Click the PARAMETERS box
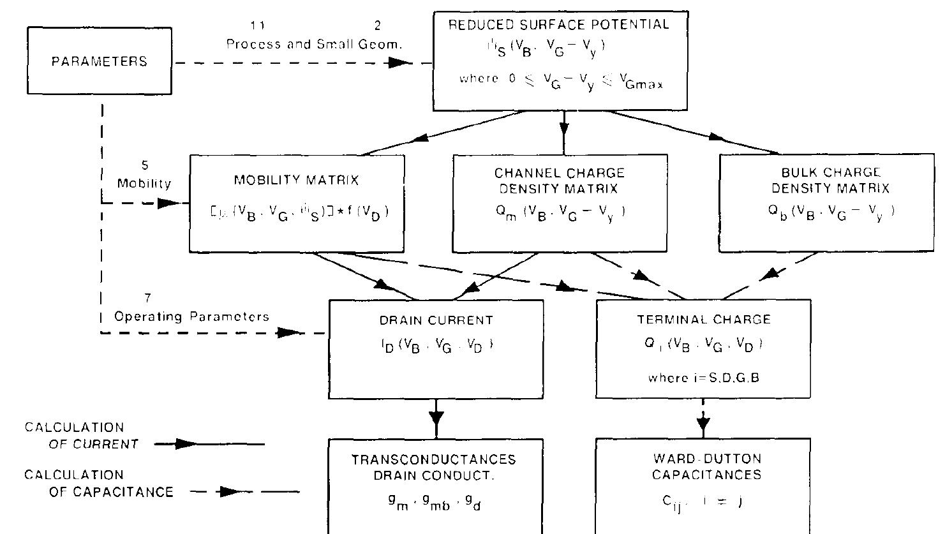(x=100, y=61)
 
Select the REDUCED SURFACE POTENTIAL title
(x=559, y=25)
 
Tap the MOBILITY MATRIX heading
(x=297, y=181)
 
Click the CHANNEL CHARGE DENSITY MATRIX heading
(x=559, y=181)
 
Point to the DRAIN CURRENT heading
(x=436, y=320)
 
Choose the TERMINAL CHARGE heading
(x=703, y=320)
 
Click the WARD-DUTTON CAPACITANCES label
(x=703, y=467)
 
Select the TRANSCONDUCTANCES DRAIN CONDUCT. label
(x=436, y=467)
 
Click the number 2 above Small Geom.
(x=377, y=26)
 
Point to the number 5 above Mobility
(x=145, y=166)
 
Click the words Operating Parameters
(x=191, y=316)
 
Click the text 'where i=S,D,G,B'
(x=703, y=377)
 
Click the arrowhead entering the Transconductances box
(x=436, y=419)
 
